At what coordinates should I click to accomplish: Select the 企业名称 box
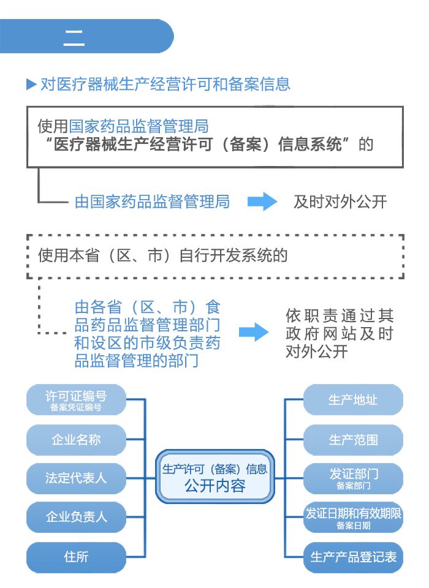pos(76,440)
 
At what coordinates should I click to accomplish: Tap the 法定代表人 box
pos(76,478)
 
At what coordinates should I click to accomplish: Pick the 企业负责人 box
pos(76,517)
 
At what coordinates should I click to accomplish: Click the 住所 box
pos(76,557)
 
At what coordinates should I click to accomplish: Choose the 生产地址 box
pos(353,400)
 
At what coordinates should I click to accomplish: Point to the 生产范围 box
pos(353,440)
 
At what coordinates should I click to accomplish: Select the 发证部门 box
pos(353,478)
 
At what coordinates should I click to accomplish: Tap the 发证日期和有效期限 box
pos(353,517)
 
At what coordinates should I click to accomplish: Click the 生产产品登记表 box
pos(353,557)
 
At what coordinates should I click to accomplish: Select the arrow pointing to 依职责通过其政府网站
pos(254,333)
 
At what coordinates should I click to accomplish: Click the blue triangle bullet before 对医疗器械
pos(31,85)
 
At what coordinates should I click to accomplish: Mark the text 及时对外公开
pos(340,202)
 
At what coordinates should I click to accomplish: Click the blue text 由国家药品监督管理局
pos(152,202)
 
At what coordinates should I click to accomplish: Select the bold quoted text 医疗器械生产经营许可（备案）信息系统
pos(197,145)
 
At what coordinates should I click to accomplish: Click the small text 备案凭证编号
pos(76,407)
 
